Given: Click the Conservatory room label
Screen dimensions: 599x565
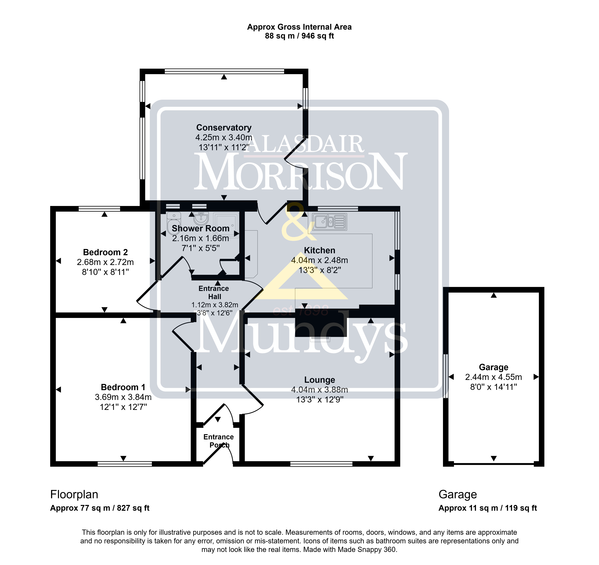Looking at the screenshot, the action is (x=224, y=128).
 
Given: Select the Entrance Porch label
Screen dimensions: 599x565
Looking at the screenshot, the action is (x=219, y=441).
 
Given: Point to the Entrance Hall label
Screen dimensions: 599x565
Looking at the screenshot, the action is (x=214, y=292).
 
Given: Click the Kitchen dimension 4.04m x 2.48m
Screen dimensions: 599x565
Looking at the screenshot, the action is (x=320, y=260).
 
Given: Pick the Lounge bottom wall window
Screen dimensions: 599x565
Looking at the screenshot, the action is (x=321, y=464).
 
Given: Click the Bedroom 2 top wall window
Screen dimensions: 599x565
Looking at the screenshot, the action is (x=99, y=208).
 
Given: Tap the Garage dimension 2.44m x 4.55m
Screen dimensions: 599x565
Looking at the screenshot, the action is (x=493, y=377).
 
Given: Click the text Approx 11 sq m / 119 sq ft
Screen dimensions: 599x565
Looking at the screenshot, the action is (x=488, y=508).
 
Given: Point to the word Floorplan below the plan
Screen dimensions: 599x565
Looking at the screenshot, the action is (x=74, y=495).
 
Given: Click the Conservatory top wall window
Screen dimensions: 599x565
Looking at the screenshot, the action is (x=224, y=71).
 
